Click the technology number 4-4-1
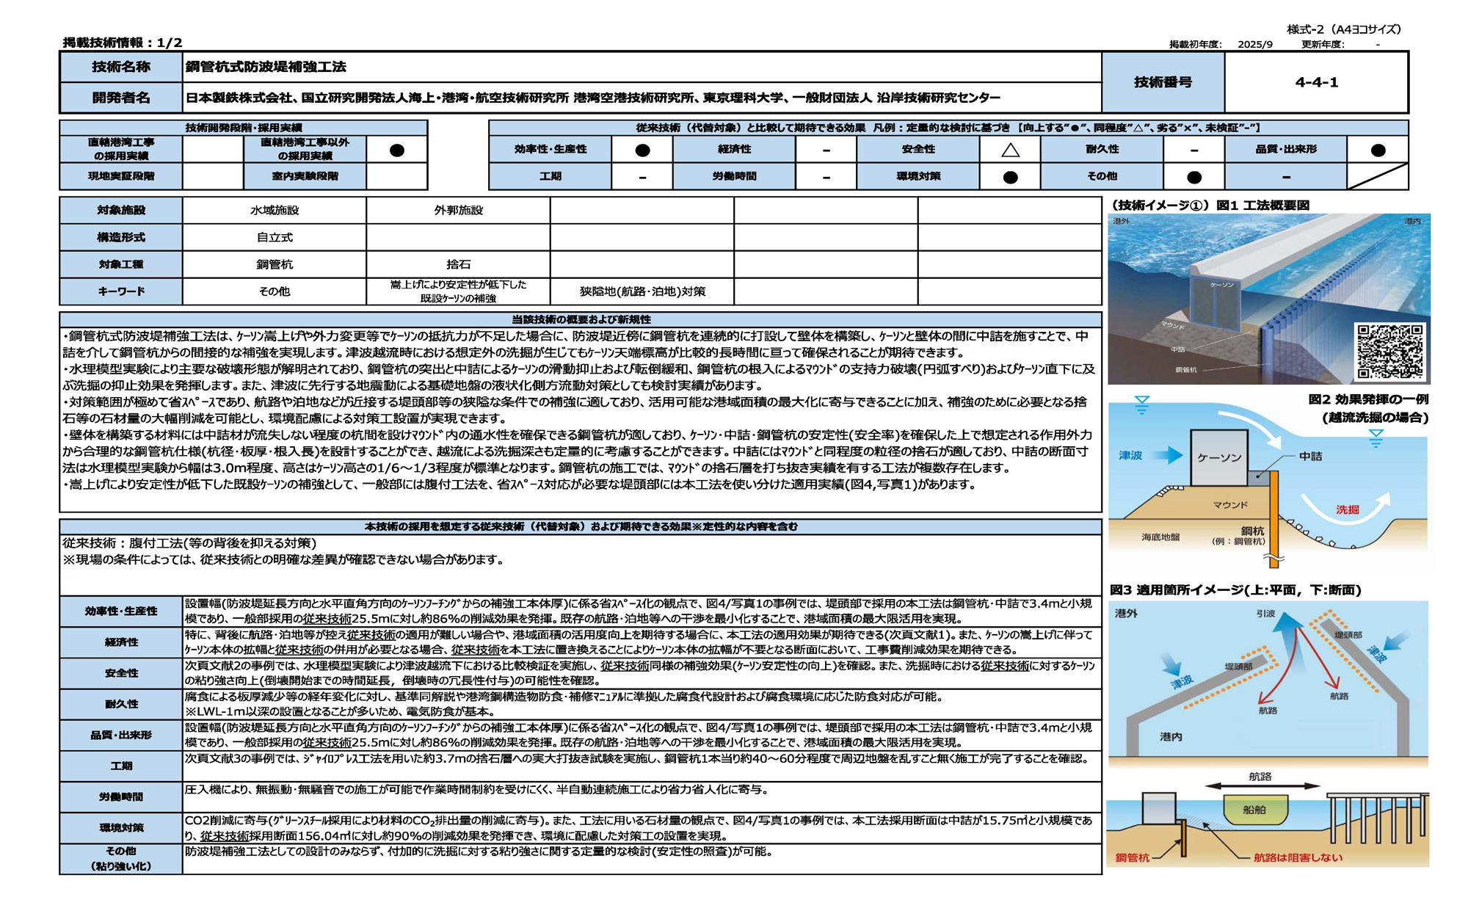(1316, 82)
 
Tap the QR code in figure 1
(1389, 352)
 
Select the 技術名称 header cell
(121, 67)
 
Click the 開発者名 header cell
(121, 98)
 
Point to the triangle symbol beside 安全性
(1010, 150)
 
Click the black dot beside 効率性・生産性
(642, 150)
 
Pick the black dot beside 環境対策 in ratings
(1010, 177)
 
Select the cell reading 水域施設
(275, 211)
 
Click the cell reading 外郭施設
(458, 211)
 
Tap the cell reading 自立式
(275, 238)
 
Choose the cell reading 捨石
(458, 264)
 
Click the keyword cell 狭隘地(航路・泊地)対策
(642, 291)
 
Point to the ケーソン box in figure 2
(1219, 457)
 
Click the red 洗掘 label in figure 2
(1347, 509)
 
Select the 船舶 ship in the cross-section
(1254, 810)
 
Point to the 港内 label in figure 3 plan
(1171, 736)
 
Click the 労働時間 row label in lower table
(121, 796)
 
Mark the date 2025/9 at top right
(1255, 44)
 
